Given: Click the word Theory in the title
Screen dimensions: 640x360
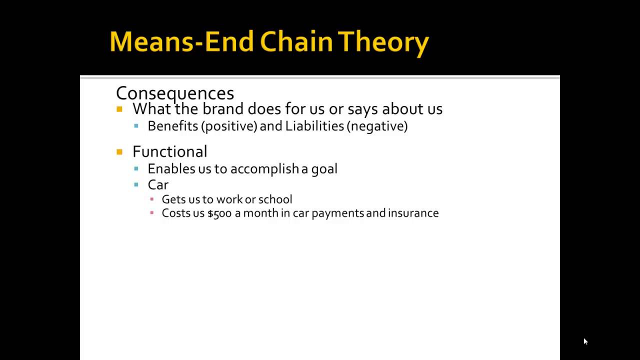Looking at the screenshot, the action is click(x=383, y=43).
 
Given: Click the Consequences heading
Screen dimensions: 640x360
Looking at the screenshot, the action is click(x=175, y=93).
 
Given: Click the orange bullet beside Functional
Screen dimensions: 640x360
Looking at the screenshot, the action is click(x=119, y=152).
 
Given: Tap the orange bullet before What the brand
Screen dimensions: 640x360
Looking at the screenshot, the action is click(x=119, y=109).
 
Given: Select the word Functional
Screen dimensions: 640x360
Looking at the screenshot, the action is click(x=169, y=151).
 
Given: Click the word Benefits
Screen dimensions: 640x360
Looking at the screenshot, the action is click(x=172, y=126).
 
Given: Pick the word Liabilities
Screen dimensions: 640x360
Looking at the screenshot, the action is click(x=314, y=126).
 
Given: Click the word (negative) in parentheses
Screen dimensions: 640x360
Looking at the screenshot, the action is click(x=377, y=126).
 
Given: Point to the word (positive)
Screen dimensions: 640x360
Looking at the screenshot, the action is click(x=229, y=126).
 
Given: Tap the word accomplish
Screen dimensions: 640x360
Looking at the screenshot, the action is click(x=264, y=169).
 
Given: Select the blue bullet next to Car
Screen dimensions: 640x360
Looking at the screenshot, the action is click(x=136, y=184).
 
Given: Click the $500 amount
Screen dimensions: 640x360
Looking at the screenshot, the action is click(x=219, y=213).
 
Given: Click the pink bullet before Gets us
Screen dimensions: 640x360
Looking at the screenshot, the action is click(x=151, y=199).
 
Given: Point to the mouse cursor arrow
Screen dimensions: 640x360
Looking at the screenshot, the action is click(x=585, y=341).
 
